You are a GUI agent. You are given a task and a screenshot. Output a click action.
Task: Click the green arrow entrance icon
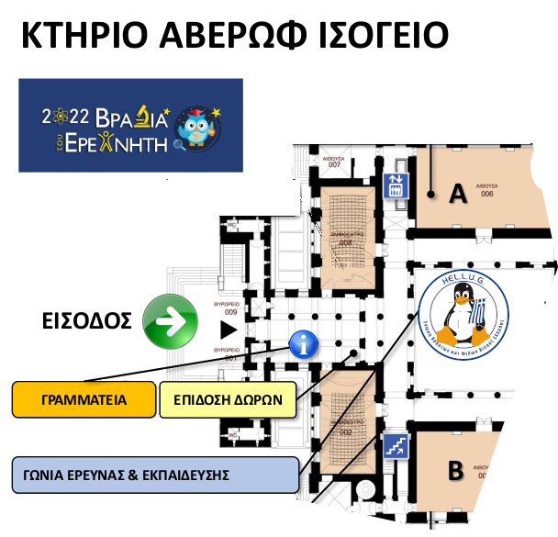171,321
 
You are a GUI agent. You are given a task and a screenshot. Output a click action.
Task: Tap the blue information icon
304,345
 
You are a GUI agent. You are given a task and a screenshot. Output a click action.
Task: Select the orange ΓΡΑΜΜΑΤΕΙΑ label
83,400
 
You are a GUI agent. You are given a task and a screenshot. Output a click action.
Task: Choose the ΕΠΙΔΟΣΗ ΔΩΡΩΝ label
228,400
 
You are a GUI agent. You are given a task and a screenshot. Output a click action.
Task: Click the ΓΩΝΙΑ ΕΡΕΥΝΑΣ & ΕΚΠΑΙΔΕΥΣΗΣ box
155,475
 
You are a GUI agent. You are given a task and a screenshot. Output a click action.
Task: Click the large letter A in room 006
457,194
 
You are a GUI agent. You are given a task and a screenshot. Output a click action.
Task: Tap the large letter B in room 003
455,472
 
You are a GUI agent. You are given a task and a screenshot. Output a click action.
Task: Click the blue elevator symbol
396,185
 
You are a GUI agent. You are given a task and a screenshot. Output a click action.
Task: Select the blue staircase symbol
396,447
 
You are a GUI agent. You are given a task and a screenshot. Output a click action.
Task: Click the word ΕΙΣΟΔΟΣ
88,321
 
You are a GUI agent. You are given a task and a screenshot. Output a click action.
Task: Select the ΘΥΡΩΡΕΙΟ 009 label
225,308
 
